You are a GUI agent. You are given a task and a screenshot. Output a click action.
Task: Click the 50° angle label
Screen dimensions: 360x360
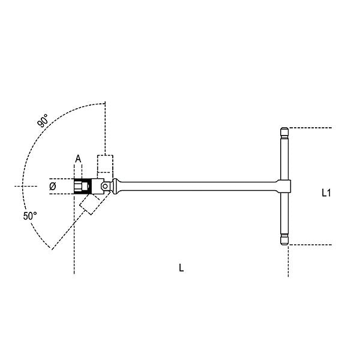[x=31, y=215]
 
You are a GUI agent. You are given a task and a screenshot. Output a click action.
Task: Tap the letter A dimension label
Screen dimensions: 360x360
[x=77, y=158]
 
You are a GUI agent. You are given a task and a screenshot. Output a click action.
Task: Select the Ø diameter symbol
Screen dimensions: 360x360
[x=52, y=187]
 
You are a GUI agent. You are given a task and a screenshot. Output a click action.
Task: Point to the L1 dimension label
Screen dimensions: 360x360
[x=326, y=193]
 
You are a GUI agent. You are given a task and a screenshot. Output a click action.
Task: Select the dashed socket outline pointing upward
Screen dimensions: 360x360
[x=105, y=164]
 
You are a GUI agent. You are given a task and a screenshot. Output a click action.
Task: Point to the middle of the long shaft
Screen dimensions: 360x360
[x=198, y=186]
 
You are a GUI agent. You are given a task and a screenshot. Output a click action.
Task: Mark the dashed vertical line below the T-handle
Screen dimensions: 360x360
[x=288, y=261]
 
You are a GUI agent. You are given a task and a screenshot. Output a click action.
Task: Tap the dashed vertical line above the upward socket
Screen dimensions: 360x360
[x=106, y=126]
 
